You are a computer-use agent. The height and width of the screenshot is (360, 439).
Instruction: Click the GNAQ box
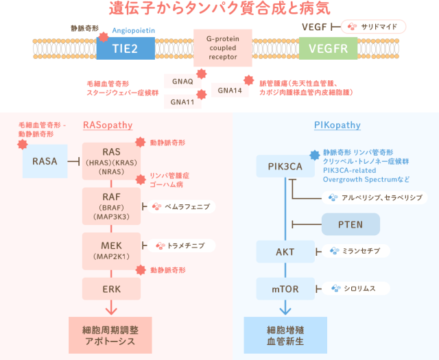182,81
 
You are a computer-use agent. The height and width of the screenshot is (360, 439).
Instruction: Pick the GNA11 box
182,102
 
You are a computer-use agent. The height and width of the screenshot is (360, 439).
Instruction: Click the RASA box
45,161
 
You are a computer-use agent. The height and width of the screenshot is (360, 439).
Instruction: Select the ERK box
111,289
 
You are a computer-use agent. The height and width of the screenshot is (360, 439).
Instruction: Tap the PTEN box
351,224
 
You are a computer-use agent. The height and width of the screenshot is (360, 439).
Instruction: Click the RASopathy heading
108,125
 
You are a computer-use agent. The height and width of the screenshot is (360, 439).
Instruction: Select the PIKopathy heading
337,125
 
